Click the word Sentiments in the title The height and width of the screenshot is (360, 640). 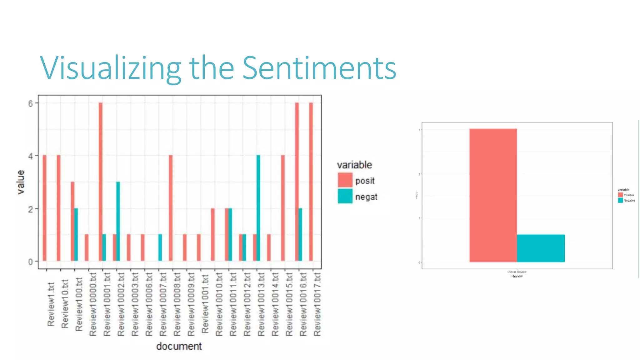(319, 68)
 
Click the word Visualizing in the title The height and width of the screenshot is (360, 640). (110, 68)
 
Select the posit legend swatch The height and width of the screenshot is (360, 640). (345, 180)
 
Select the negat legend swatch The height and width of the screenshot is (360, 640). (345, 196)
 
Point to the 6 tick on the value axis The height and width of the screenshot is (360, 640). (31, 103)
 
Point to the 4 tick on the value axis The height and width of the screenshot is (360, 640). (31, 156)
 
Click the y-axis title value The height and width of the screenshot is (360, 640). (21, 182)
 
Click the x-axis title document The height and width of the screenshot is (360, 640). (179, 346)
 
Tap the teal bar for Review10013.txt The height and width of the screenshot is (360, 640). (258, 208)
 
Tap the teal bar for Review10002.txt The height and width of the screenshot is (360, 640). (118, 221)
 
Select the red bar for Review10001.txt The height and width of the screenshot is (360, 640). (101, 181)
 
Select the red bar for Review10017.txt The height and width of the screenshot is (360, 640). (311, 181)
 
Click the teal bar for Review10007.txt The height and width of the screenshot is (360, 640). (160, 247)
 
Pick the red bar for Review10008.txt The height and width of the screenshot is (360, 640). (171, 208)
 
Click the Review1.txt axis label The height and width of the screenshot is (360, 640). (51, 305)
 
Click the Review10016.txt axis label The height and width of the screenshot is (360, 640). (303, 305)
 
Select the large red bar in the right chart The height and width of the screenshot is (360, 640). (493, 195)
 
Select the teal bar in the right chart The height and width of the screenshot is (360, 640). (541, 248)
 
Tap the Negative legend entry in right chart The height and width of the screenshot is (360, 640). (629, 201)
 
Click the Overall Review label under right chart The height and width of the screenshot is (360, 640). (517, 272)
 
